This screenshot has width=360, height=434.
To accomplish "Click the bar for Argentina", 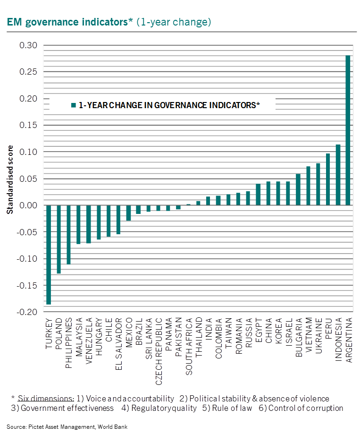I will [348, 130].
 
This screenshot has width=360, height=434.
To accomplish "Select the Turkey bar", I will [49, 255].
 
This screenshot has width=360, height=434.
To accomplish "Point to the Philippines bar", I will [68, 235].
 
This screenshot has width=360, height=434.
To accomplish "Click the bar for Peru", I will [328, 179].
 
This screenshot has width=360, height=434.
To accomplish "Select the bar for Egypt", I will [258, 195].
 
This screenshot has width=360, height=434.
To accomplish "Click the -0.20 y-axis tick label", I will [27, 312].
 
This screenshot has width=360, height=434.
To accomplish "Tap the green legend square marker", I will [73, 105].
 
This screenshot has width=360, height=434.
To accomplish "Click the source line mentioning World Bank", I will [67, 427].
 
